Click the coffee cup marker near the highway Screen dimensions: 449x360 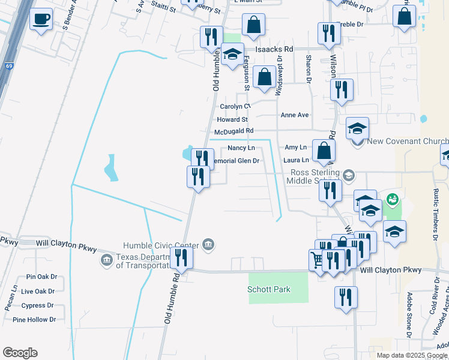41,20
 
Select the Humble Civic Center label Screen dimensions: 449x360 161,245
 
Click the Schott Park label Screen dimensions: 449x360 269,289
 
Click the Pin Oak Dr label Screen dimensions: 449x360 41,277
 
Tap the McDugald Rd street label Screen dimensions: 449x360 234,131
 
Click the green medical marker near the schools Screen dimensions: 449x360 393,198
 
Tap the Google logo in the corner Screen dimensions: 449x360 20,353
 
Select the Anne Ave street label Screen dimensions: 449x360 294,115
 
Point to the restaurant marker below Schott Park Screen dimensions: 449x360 346,297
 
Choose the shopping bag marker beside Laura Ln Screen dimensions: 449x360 324,151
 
